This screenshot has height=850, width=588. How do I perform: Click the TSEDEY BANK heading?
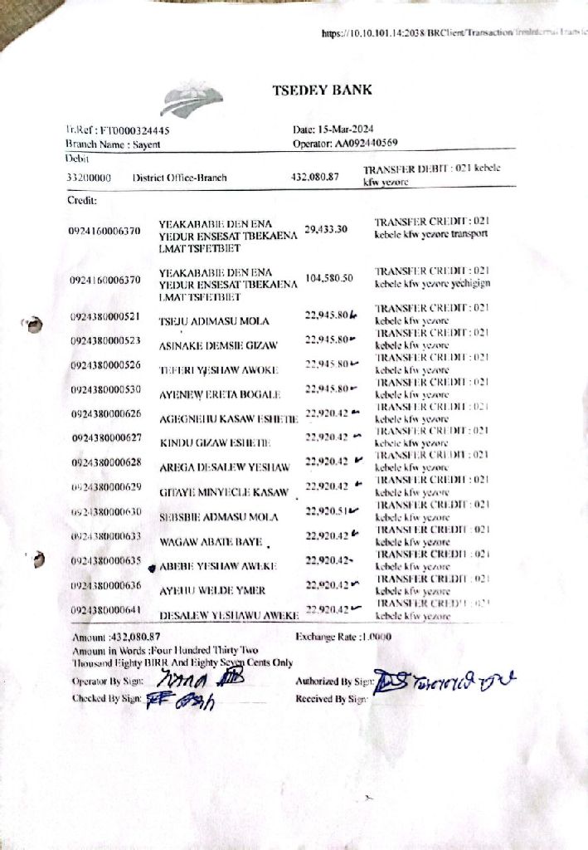click(x=323, y=90)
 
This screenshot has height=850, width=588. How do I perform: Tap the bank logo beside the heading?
click(x=192, y=101)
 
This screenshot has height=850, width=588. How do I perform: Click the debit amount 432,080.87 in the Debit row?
click(x=316, y=177)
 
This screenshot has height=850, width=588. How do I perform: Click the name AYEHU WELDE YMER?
click(x=212, y=590)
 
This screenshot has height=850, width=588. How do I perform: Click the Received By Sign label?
click(x=331, y=699)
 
